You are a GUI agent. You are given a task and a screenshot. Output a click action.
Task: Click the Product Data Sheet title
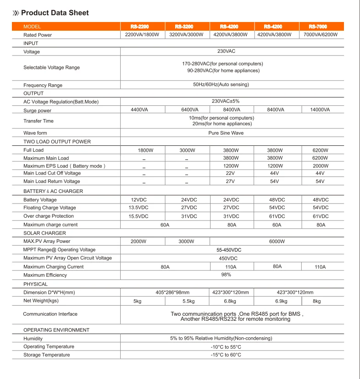point(55,13)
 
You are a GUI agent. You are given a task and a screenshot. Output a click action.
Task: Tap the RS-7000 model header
point(321,27)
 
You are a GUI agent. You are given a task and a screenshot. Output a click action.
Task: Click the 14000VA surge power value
point(321,110)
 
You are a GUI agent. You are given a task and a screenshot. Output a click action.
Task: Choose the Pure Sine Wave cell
point(226,133)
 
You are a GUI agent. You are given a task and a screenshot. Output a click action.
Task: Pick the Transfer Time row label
point(39,121)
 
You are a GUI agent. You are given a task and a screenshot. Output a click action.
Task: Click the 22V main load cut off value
point(231,173)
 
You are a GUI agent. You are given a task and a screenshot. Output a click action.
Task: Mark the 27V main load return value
point(231,181)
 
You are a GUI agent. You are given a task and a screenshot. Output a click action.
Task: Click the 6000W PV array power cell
point(277,242)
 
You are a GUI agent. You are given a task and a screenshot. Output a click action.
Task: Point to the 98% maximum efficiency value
point(226,275)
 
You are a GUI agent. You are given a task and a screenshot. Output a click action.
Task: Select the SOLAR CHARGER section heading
point(44,233)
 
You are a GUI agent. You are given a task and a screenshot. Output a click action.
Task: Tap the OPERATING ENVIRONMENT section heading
point(56,330)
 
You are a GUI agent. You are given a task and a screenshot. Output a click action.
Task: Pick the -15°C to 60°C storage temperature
point(226,355)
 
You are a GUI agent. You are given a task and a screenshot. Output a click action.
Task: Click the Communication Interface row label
point(50,314)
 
